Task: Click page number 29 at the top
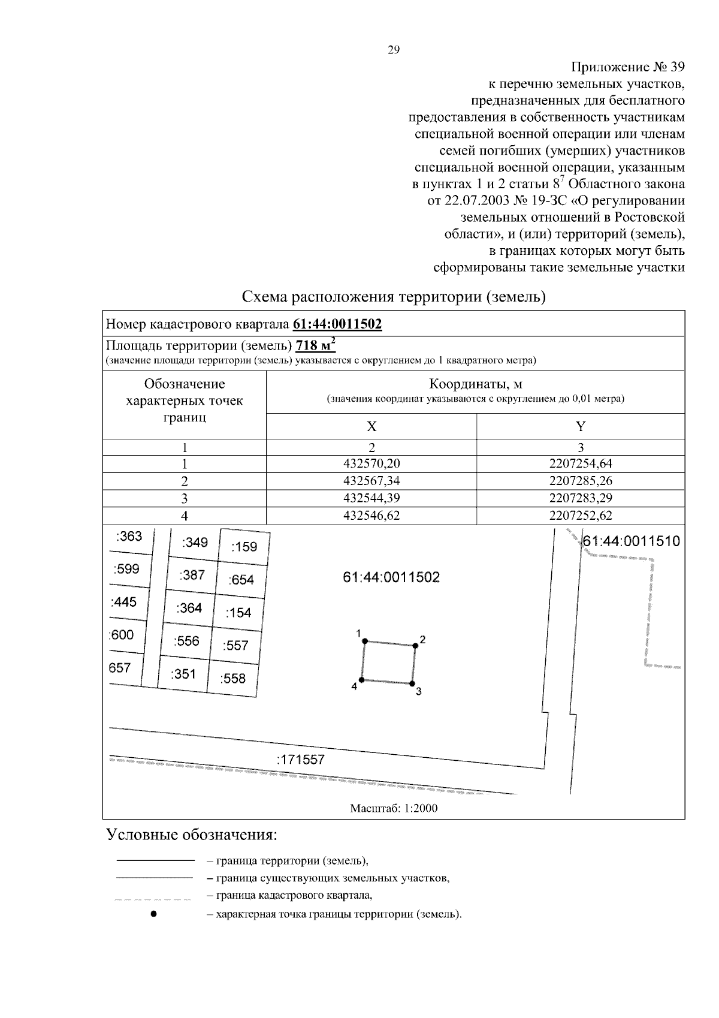click(394, 50)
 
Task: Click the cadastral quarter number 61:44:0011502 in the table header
click(337, 324)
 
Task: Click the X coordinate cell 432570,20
click(371, 463)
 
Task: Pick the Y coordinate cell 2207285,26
click(581, 481)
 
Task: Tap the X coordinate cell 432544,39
click(371, 498)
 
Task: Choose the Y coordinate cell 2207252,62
click(581, 515)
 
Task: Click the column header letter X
click(371, 426)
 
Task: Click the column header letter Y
click(581, 426)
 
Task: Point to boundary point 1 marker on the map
click(364, 641)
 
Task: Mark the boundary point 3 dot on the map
click(412, 683)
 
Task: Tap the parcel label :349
click(195, 543)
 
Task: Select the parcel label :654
click(241, 580)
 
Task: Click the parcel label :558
click(233, 679)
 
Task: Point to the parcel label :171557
click(300, 760)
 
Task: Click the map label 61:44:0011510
click(632, 541)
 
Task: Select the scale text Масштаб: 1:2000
click(394, 808)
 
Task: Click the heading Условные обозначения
click(192, 835)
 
